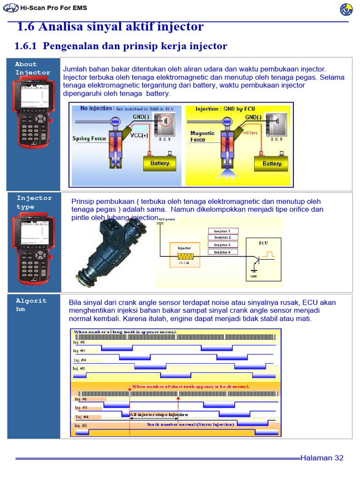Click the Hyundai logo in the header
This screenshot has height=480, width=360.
(9, 8)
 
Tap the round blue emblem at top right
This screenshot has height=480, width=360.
(346, 9)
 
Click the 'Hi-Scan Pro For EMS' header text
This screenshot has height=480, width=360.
(50, 8)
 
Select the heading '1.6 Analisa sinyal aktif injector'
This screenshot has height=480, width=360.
(110, 27)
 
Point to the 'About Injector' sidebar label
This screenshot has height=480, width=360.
(32, 68)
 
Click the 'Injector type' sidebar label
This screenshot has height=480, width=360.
(34, 202)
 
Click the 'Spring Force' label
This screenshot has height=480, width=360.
(89, 139)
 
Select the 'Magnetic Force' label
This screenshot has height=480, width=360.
(202, 136)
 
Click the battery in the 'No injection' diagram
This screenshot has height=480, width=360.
(159, 163)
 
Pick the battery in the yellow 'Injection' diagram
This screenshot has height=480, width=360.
(271, 163)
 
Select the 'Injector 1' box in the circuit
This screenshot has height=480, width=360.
(223, 231)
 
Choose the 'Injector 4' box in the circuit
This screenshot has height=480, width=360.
(223, 252)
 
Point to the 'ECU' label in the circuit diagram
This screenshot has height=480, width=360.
(264, 243)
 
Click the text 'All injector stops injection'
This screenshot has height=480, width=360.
(159, 415)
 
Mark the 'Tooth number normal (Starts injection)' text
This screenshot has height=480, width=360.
(190, 425)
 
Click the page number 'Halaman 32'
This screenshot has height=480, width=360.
(322, 458)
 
